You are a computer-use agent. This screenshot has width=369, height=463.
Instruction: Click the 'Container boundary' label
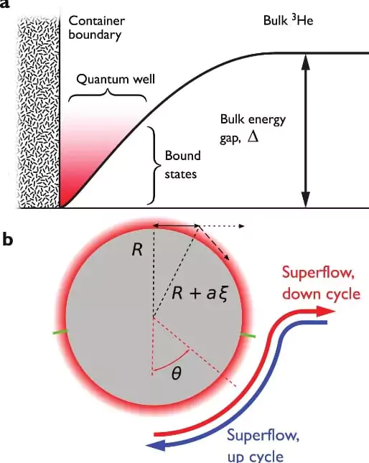96,28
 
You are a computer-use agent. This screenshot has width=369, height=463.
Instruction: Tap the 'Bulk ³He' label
288,21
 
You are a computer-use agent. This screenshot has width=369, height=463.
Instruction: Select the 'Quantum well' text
116,80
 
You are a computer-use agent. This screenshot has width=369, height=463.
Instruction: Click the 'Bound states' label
183,165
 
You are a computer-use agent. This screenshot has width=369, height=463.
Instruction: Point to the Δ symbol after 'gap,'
253,137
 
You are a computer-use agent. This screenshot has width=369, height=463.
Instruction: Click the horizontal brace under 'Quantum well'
108,95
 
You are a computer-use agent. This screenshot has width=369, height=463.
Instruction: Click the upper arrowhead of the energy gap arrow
306,62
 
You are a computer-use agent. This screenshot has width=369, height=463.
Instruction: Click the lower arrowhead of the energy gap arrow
306,200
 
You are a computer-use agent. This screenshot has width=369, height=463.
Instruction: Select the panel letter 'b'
8,239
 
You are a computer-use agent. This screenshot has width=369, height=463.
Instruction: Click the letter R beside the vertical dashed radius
137,250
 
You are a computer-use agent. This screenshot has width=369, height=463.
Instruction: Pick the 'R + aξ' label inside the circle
200,294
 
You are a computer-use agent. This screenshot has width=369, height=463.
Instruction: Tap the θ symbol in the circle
176,374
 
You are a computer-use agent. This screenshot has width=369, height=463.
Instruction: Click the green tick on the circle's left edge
60,332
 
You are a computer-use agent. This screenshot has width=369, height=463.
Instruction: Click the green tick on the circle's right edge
248,335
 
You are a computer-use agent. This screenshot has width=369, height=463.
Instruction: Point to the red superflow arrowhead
326,312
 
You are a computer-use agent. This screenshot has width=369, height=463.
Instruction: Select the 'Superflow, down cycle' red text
322,283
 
